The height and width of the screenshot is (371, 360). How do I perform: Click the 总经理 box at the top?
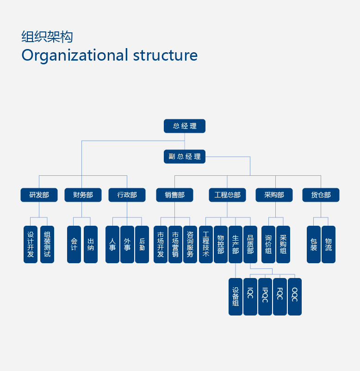185,126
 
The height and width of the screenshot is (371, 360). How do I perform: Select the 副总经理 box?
185,156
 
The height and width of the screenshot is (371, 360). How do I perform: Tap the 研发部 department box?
39,195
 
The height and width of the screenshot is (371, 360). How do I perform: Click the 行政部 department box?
127,195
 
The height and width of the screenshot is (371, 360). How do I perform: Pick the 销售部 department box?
174,195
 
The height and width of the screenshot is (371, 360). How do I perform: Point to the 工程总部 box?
227,195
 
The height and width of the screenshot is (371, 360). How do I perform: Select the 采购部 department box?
274,195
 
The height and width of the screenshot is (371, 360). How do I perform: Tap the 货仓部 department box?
321,195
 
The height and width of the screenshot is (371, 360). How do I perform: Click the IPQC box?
265,297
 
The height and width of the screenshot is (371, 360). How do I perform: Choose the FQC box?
280,297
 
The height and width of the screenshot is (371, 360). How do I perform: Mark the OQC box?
295,297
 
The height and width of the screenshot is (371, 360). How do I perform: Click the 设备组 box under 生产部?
236,297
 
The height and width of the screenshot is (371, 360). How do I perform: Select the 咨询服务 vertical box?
190,244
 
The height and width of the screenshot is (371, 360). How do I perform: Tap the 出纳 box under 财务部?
91,244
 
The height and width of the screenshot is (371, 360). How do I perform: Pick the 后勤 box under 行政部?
142,244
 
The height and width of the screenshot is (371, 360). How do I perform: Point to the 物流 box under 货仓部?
329,244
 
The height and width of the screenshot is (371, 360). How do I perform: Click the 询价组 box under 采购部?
268,244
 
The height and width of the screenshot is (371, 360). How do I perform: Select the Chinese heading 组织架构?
47,37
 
